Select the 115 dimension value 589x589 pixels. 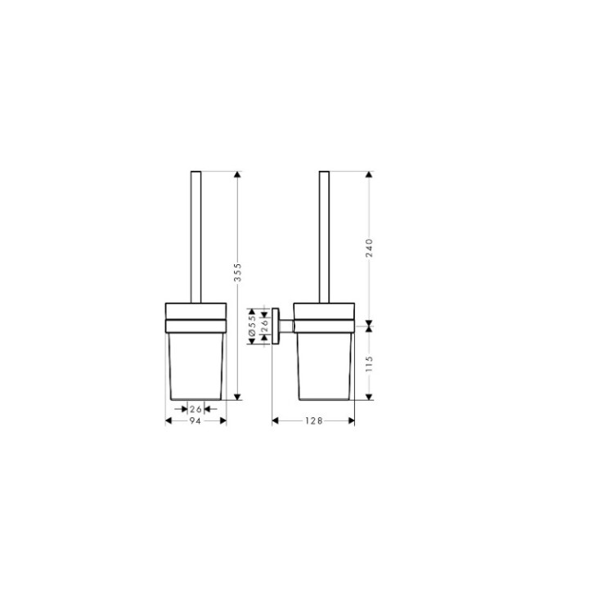tap(369, 362)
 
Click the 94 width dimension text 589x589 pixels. tap(196, 420)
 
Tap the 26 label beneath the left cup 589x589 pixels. tap(196, 408)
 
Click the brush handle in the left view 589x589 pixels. tap(196, 237)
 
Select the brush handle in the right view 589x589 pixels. tap(325, 237)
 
